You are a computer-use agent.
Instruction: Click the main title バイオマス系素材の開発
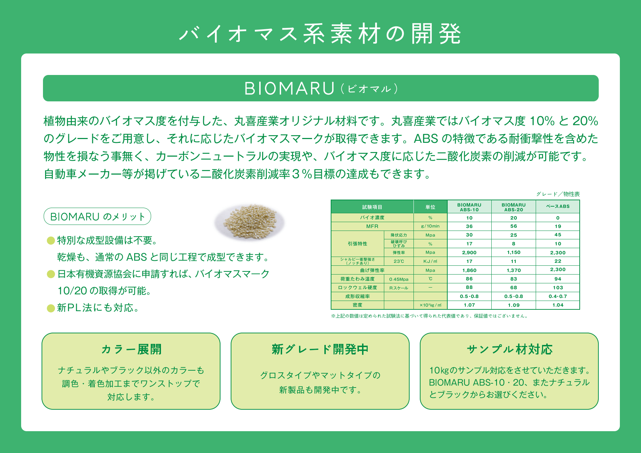click(320, 34)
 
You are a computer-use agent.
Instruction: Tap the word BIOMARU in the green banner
click(289, 88)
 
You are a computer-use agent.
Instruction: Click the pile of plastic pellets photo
click(250, 221)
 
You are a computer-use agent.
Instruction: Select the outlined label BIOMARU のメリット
click(97, 216)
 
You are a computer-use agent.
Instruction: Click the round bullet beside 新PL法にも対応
click(51, 308)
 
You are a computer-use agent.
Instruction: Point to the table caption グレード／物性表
click(558, 194)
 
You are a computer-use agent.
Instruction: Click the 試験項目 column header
click(372, 207)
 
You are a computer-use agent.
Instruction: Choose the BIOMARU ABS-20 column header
click(514, 207)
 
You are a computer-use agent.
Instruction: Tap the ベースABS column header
click(558, 207)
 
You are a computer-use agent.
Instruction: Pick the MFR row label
click(372, 226)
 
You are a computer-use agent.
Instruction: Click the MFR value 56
click(514, 226)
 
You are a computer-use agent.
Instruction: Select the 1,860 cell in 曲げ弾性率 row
click(469, 270)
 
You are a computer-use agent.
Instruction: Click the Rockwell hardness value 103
click(558, 288)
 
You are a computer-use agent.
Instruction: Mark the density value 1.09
click(514, 305)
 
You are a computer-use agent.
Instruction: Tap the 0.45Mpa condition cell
click(399, 279)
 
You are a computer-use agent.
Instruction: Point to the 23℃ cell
click(399, 261)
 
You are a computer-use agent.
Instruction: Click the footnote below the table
click(429, 316)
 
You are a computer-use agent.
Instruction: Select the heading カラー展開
click(131, 349)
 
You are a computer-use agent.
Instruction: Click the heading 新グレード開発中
click(320, 349)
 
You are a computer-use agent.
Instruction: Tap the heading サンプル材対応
click(509, 349)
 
